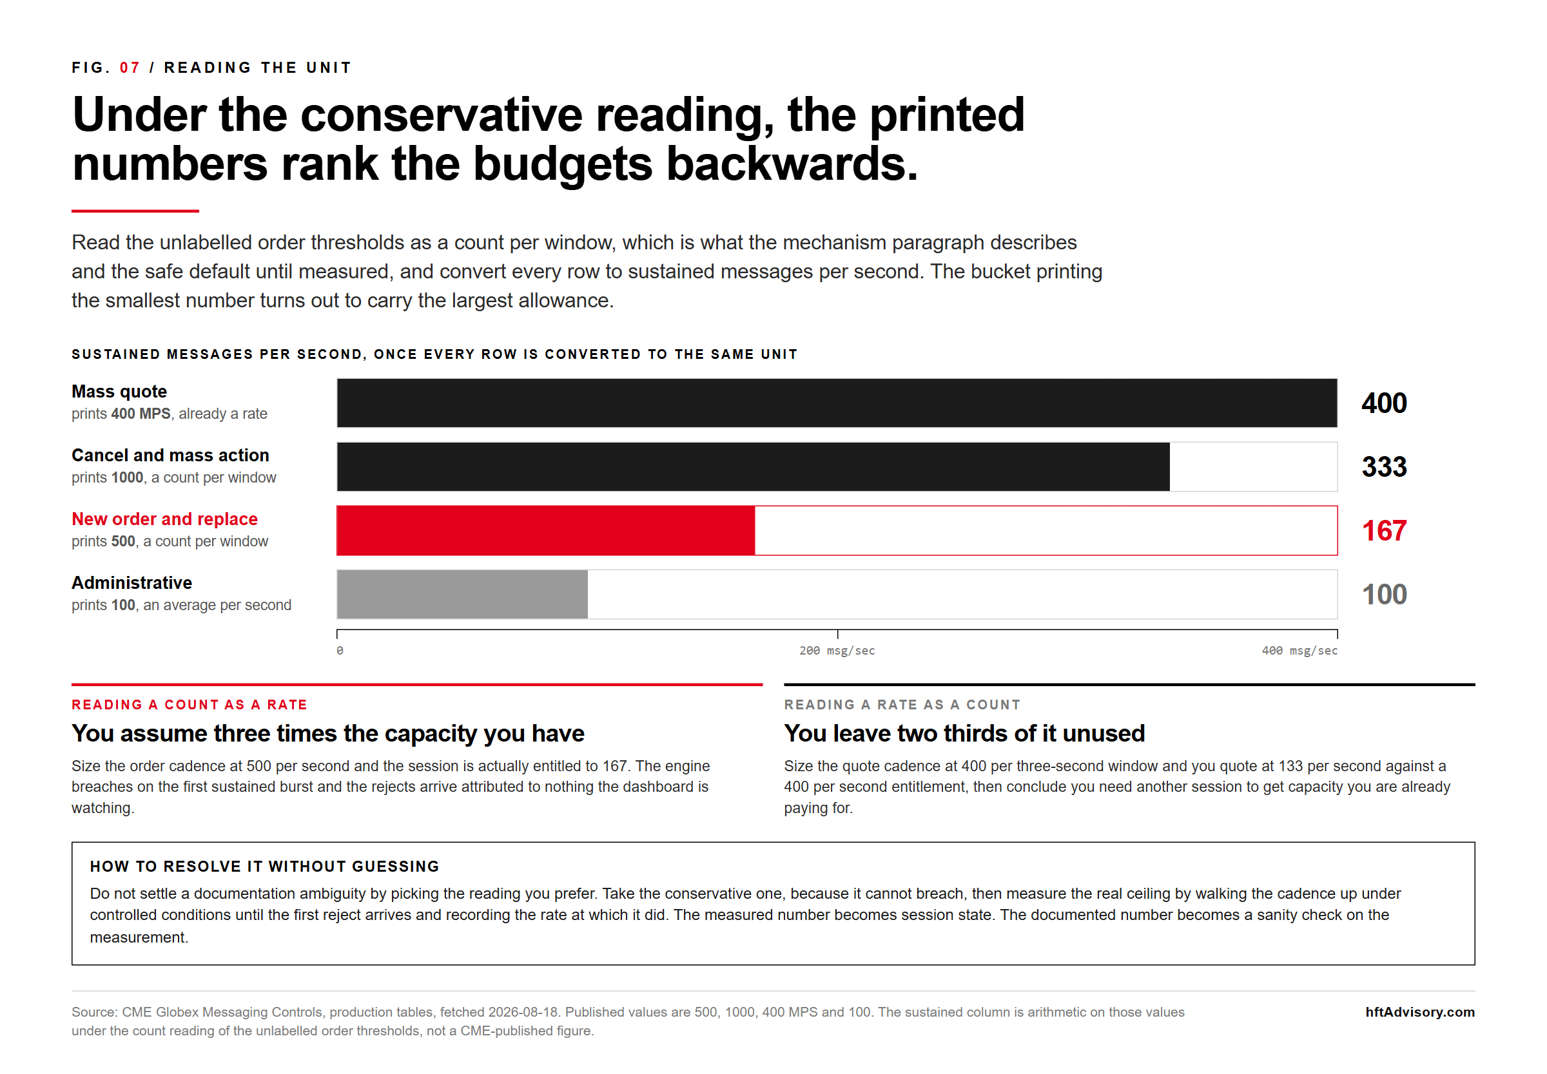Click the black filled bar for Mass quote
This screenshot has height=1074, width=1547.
coord(837,403)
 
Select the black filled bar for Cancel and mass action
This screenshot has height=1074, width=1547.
coord(754,466)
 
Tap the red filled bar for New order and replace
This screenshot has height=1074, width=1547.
coord(546,530)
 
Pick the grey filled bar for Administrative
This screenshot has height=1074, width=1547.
coord(462,594)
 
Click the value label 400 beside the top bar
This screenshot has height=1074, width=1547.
coord(1384,403)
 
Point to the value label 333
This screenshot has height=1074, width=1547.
coord(1384,467)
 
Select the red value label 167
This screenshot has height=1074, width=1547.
coord(1384,531)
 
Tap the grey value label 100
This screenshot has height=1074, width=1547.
coord(1384,595)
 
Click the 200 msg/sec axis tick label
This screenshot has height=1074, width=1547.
coord(837,651)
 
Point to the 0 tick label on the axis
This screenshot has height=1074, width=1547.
coord(340,651)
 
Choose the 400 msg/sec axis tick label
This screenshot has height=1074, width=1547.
coord(1299,651)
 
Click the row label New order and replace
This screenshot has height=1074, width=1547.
coord(165,519)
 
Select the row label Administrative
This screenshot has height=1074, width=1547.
coord(132,583)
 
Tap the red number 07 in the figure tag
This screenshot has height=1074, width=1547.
coord(130,68)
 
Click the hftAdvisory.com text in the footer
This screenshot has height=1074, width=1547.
coord(1420,1012)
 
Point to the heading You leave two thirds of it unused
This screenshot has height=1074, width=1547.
coord(964,733)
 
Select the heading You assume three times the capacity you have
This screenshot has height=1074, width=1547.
coord(328,733)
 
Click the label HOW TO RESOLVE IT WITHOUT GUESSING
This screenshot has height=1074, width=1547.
coord(264,867)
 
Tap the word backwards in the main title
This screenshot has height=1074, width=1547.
coord(792,164)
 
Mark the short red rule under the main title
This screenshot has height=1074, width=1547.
coord(135,211)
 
